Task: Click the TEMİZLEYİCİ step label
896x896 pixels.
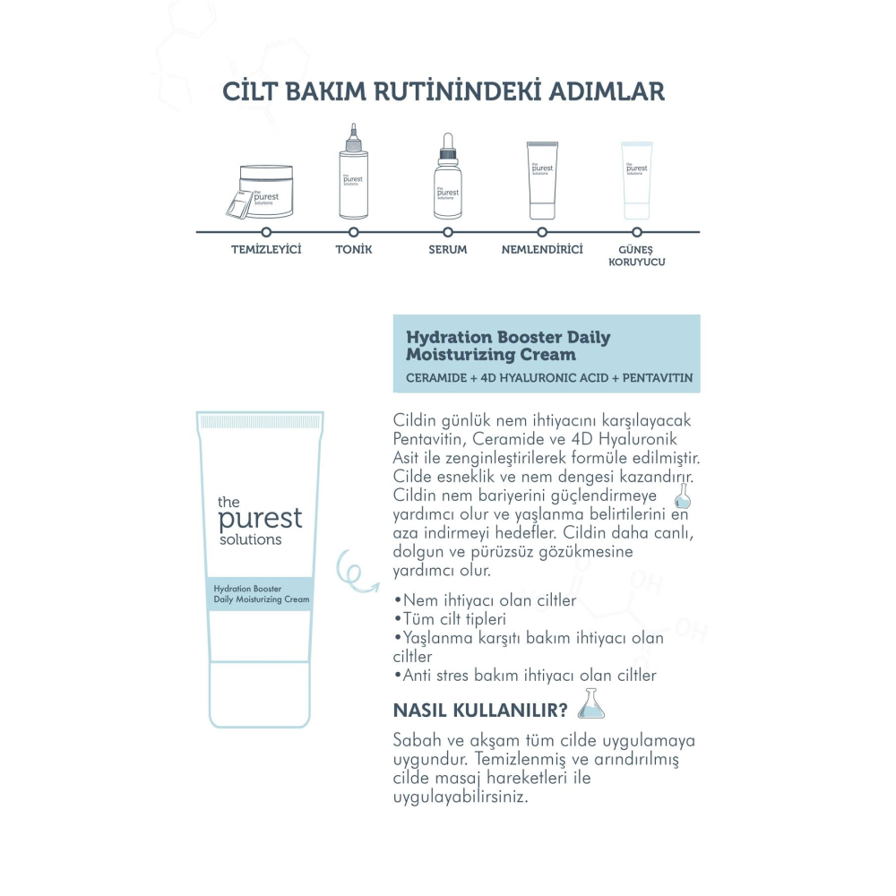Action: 266,249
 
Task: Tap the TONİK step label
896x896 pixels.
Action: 354,249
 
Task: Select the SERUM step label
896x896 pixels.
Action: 448,249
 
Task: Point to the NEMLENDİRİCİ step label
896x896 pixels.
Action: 542,249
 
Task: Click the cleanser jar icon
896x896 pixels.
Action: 263,191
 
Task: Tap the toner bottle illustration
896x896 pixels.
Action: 353,175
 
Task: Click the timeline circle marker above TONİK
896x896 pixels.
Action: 354,232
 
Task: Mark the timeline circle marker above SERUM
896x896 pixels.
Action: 448,232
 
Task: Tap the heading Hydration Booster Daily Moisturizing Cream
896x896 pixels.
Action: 508,346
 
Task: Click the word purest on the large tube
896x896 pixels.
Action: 260,519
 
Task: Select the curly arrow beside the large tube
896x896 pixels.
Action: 352,572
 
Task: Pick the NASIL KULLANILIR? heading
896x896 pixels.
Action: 480,711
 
